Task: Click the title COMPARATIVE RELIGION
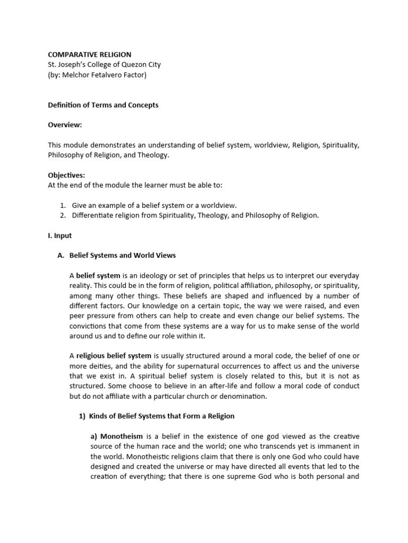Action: tap(89, 55)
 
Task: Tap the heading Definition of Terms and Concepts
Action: tap(103, 105)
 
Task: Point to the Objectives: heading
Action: tap(66, 175)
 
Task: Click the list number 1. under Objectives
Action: tap(62, 205)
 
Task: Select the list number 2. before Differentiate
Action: tap(62, 215)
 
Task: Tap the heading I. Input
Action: tap(59, 235)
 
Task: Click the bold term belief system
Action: tap(98, 276)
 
